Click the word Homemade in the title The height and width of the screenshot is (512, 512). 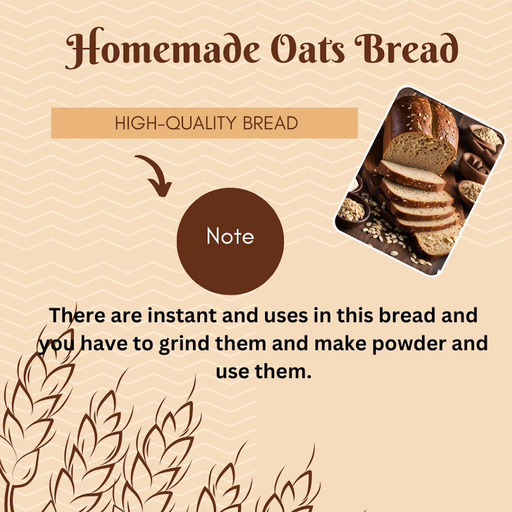click(162, 48)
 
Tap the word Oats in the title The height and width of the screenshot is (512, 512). click(307, 49)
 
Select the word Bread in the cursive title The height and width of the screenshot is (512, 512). click(406, 48)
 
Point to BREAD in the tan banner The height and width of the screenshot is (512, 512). click(270, 123)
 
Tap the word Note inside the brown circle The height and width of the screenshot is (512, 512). click(230, 236)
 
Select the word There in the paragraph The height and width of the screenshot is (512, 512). click(77, 315)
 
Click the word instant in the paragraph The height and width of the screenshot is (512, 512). click(182, 315)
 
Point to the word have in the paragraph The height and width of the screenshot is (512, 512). click(104, 343)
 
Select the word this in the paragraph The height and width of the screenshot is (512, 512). click(354, 315)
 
